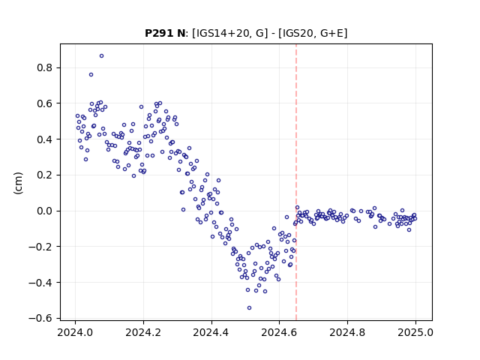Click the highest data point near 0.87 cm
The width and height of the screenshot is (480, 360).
point(102,56)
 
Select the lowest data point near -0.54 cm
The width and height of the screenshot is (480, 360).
point(249,307)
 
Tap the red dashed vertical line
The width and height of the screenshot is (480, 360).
point(296,182)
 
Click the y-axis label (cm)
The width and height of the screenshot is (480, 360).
point(18,183)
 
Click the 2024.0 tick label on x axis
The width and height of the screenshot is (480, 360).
point(75,332)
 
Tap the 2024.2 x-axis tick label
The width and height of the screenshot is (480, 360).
point(143,332)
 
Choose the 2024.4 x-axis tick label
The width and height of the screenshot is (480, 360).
point(211,332)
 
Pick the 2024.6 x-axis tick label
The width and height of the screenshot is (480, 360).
point(279,332)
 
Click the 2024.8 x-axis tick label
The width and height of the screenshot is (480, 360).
point(347,332)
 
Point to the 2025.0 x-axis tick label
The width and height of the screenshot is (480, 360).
point(415,332)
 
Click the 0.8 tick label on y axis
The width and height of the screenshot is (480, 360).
point(45,67)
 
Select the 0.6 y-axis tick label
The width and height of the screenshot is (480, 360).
point(45,103)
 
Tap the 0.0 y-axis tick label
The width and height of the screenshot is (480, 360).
point(45,211)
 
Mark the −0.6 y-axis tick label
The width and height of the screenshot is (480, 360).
point(40,318)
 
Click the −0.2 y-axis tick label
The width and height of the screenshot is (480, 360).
point(40,247)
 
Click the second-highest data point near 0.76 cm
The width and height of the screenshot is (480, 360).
point(91,75)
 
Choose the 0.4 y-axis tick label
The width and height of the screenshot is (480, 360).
point(45,139)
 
